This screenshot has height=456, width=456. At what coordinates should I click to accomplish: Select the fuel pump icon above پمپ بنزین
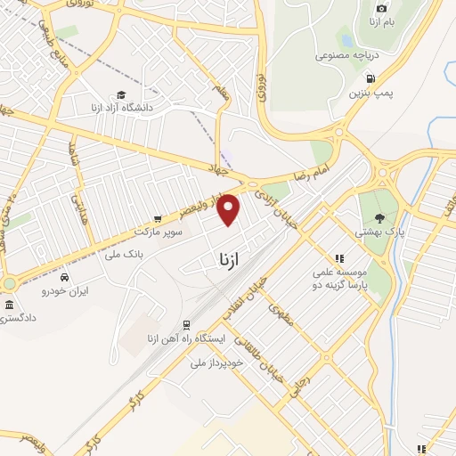click(370, 77)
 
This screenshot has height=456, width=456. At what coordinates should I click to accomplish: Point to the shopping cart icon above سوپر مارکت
click(158, 218)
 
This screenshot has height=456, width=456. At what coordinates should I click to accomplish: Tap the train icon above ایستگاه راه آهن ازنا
click(186, 325)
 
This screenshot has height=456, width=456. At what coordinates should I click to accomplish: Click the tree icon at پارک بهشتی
click(380, 216)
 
